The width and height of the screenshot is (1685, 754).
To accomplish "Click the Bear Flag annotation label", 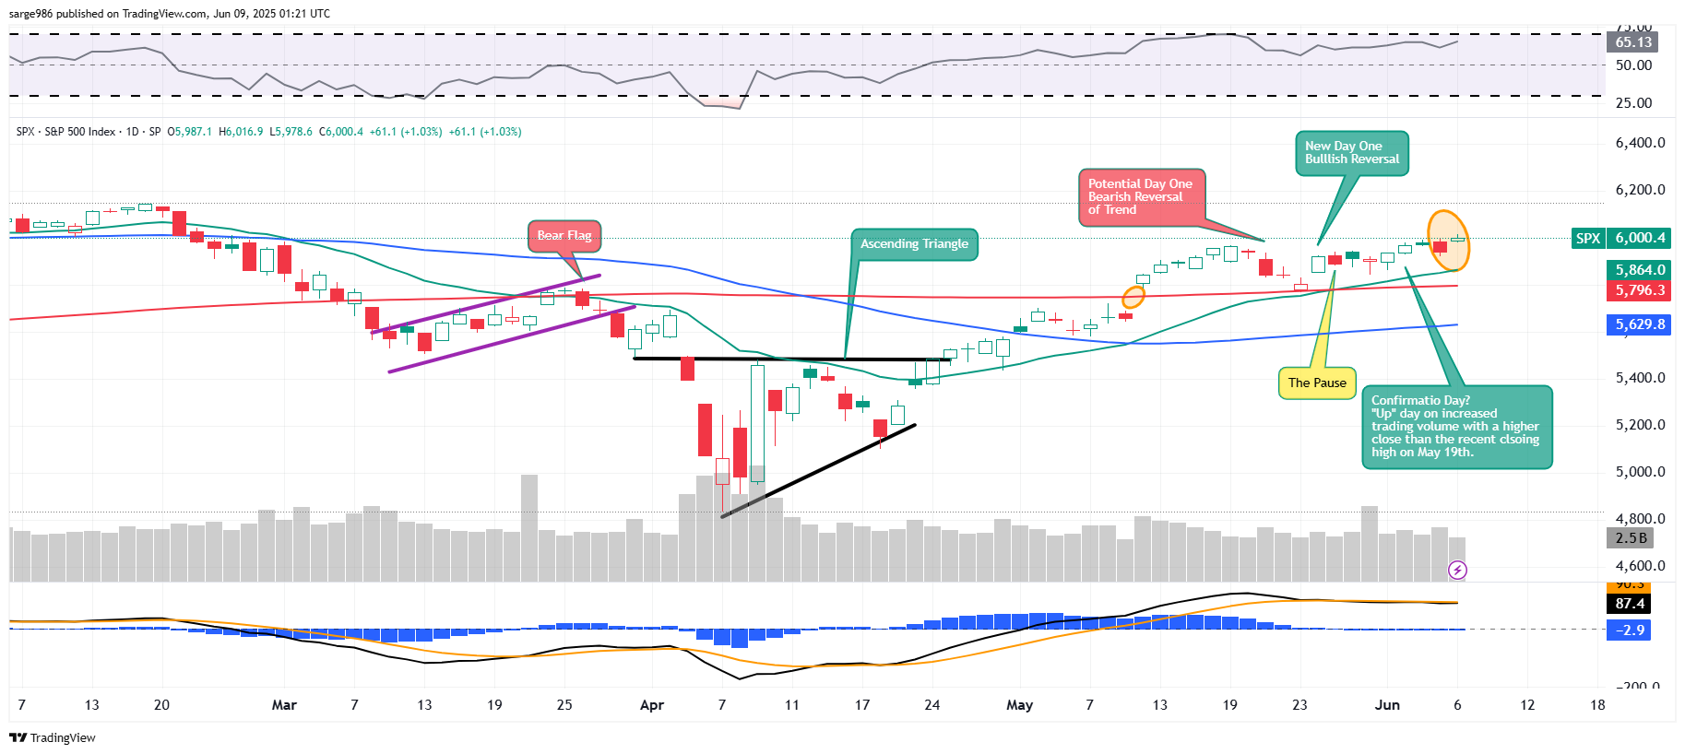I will pos(564,236).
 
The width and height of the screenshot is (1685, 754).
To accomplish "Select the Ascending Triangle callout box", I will pos(913,244).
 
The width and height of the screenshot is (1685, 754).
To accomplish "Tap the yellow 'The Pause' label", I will pos(1316,383).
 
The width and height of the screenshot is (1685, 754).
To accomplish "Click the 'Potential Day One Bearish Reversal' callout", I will pos(1140,197).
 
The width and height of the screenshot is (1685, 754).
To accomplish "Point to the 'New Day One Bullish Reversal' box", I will pos(1351,153).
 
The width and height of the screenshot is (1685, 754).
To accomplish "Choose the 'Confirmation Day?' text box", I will pos(1456,427).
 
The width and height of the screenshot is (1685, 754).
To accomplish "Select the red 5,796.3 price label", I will pos(1639,290).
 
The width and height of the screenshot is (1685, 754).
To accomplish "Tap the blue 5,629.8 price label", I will pos(1639,324).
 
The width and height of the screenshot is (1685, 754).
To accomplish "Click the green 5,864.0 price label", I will pos(1639,270).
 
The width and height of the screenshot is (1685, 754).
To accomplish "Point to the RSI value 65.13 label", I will pos(1632,42).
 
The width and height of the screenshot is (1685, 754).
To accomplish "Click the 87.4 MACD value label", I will pos(1630,604).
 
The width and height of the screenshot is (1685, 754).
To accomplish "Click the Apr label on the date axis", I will pos(651,705).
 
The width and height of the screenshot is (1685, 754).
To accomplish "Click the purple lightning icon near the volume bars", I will pos(1457,571).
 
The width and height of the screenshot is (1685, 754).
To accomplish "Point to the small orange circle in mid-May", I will pos(1133,297).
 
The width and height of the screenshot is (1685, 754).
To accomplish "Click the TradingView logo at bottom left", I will pos(53,737).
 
